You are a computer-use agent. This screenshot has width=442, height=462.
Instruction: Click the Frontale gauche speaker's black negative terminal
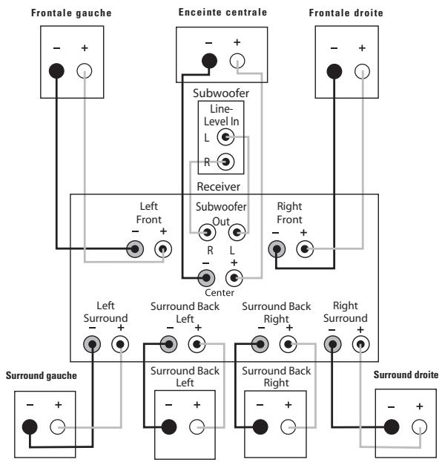56,71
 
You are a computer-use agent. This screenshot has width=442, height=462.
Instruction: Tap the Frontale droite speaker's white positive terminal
362,71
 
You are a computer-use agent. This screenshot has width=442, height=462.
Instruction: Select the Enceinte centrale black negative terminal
209,61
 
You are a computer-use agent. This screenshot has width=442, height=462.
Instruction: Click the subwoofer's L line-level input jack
225,137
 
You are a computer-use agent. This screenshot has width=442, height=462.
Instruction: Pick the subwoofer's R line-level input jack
225,162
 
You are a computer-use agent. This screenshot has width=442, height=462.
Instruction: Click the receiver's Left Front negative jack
135,249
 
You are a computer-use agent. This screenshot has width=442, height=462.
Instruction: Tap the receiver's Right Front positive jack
305,249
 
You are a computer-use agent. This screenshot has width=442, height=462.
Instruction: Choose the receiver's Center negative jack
206,277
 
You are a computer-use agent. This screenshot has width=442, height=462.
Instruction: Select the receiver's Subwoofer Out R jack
207,232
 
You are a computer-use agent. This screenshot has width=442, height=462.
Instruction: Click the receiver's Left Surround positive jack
120,344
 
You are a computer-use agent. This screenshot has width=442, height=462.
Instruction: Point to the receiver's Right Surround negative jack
333,344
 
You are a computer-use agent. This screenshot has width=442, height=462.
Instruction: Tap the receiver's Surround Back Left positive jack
197,344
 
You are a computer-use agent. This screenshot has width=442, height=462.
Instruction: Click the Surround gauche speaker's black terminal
30,427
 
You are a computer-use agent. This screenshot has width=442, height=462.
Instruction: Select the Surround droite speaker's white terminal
419,426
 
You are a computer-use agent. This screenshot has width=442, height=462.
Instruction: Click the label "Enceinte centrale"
222,12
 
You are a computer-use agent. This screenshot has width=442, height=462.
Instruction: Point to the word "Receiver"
218,187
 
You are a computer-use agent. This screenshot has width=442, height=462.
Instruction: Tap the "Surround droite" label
406,374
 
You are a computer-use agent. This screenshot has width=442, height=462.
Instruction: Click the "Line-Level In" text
221,115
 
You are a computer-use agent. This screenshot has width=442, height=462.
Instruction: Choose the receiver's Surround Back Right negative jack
260,344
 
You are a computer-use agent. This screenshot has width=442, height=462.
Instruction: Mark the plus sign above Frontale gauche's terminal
85,47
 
